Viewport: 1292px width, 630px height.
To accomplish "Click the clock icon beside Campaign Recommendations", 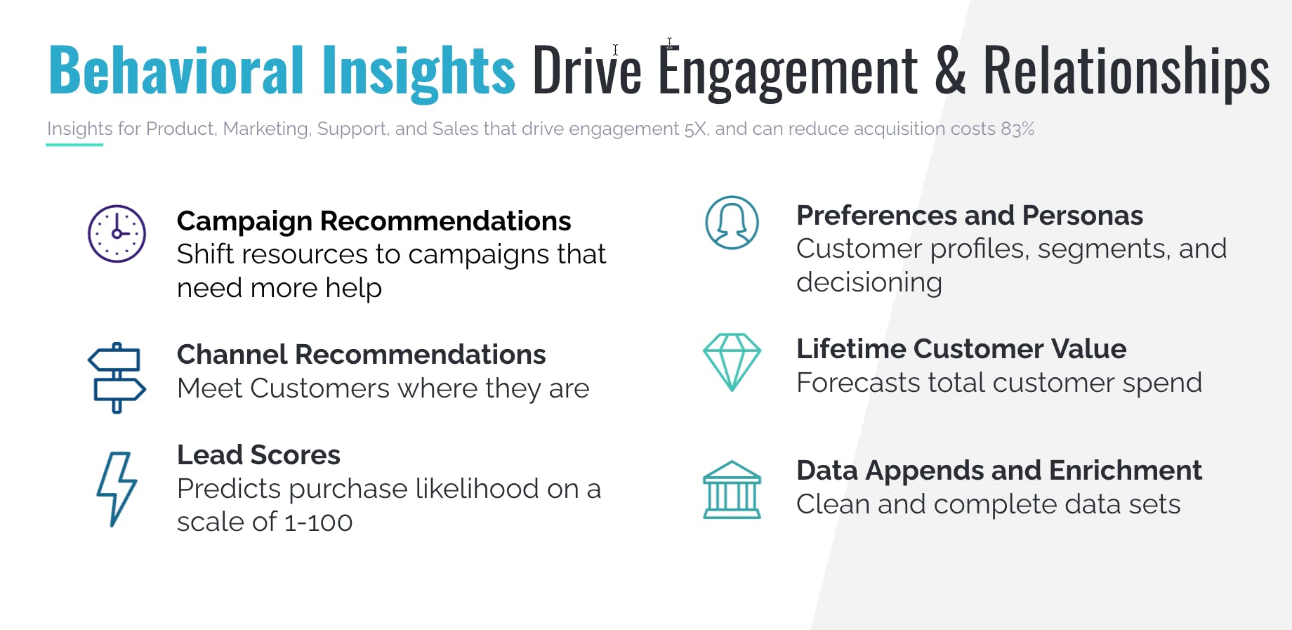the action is pyautogui.click(x=117, y=234).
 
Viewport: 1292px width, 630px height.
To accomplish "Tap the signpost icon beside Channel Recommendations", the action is pyautogui.click(x=117, y=378).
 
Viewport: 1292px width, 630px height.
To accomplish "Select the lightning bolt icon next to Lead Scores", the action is pyautogui.click(x=117, y=490).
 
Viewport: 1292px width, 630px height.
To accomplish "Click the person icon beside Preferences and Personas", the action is pyautogui.click(x=732, y=223).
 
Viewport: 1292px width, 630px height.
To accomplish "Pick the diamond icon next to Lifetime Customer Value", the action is pyautogui.click(x=732, y=362).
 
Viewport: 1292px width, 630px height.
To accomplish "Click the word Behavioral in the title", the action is pyautogui.click(x=176, y=70).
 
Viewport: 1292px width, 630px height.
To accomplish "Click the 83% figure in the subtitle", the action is pyautogui.click(x=1017, y=129).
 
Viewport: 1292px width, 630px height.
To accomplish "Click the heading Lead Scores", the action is pyautogui.click(x=258, y=455).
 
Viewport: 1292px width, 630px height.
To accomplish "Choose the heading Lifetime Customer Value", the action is pyautogui.click(x=961, y=349).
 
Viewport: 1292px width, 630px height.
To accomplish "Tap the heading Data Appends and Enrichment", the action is pyautogui.click(x=999, y=471).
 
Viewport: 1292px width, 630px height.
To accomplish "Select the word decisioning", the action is pyautogui.click(x=869, y=283).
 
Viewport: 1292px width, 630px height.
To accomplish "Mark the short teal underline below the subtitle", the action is pyautogui.click(x=74, y=145).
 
